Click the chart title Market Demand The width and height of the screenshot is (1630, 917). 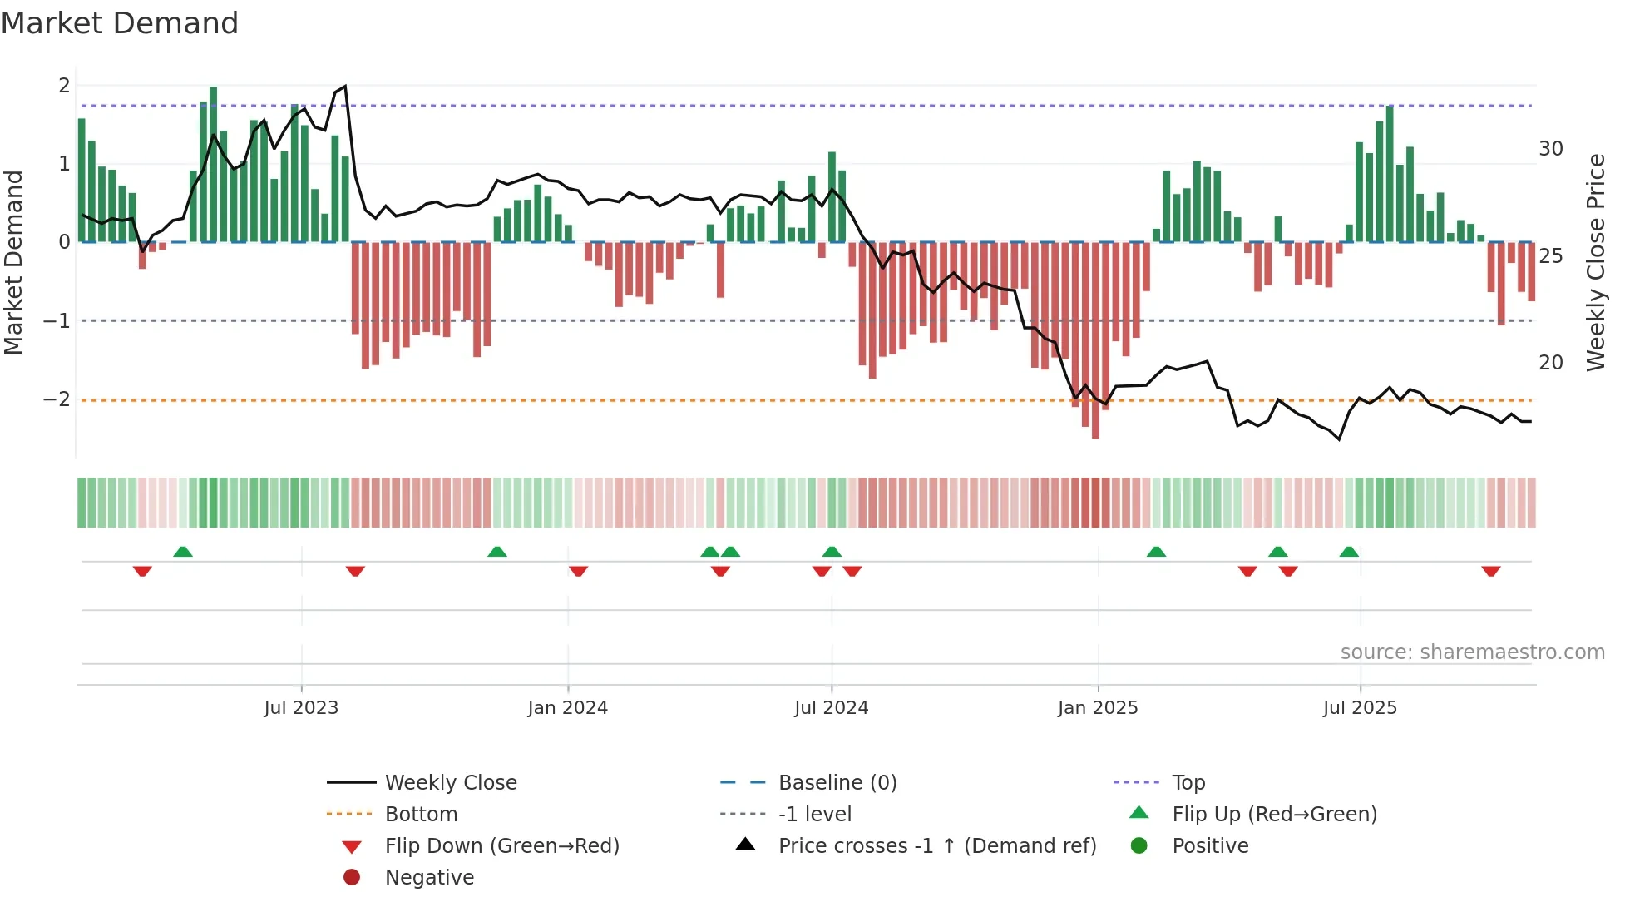[x=120, y=23]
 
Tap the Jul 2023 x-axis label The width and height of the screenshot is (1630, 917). [x=301, y=708]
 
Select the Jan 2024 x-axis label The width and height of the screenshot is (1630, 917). [x=567, y=708]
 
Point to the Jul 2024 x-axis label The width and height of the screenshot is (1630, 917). [x=831, y=708]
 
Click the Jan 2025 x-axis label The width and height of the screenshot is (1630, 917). [x=1097, y=708]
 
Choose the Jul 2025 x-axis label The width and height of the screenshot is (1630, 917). [x=1360, y=708]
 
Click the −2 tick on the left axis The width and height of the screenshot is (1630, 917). [x=57, y=399]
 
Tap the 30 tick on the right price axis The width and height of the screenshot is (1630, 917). [x=1550, y=149]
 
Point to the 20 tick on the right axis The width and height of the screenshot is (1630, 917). [x=1550, y=363]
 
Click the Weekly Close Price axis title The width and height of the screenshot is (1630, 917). [x=1595, y=262]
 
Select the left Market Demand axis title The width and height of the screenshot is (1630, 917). [x=13, y=262]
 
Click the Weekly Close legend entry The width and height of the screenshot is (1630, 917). [x=450, y=783]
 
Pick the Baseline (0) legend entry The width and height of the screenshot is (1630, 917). [x=837, y=783]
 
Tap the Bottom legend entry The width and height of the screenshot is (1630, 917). [x=421, y=815]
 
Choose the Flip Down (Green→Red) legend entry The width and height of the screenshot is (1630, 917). [x=501, y=846]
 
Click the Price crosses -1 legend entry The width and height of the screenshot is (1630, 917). [x=936, y=846]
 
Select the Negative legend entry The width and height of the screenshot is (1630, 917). [x=429, y=878]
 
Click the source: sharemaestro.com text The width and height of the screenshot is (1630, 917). [x=1472, y=652]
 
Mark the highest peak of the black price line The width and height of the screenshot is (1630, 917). [x=345, y=86]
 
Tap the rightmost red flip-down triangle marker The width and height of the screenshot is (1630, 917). [x=1490, y=571]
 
